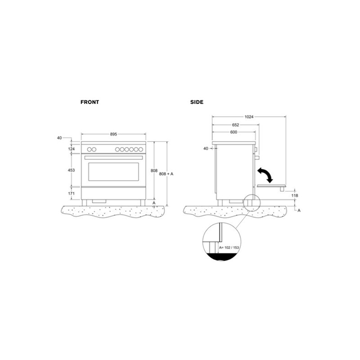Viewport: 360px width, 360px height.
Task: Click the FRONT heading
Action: [90, 102]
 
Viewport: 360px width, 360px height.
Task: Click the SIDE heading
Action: [197, 102]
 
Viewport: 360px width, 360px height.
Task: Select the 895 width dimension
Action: [113, 134]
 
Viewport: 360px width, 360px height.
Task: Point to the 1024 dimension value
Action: [249, 117]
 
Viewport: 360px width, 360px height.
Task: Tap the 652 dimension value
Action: [235, 125]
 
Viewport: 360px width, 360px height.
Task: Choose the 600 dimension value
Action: [234, 132]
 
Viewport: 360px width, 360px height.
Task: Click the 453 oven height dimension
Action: [72, 170]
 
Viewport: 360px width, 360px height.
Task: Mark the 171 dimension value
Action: [72, 193]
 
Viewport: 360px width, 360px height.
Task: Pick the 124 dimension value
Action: [72, 149]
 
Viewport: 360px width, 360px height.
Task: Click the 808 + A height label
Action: [166, 174]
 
